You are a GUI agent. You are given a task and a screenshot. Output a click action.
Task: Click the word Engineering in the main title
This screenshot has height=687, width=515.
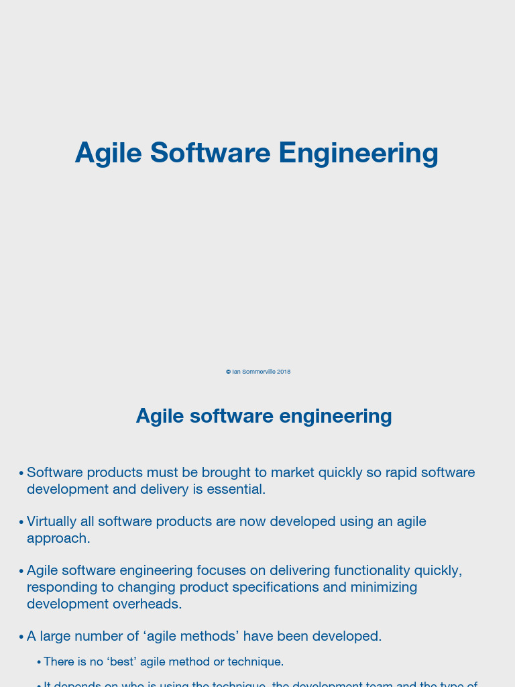click(358, 154)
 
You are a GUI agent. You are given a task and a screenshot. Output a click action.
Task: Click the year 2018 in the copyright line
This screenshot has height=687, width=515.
click(284, 372)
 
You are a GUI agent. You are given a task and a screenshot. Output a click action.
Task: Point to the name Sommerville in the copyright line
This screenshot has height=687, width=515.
click(259, 372)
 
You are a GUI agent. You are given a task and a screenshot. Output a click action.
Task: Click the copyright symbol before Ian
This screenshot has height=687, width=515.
click(228, 372)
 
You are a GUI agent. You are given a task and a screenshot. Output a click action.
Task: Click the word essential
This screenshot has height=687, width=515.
click(235, 489)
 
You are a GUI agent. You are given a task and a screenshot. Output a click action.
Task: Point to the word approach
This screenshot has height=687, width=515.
click(58, 538)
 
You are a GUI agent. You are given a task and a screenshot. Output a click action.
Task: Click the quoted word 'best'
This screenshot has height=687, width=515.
click(121, 662)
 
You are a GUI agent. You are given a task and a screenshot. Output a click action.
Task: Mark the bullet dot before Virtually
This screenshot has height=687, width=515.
click(21, 522)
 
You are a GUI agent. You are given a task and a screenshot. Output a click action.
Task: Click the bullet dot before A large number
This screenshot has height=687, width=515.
click(21, 637)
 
